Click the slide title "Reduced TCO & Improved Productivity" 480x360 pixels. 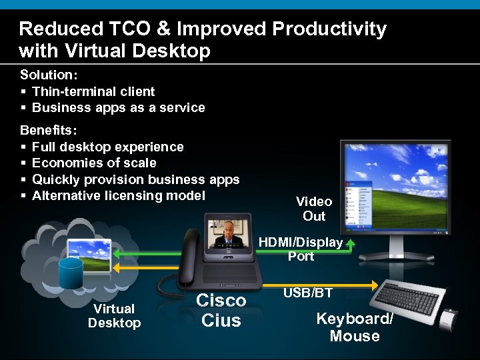tap(203, 29)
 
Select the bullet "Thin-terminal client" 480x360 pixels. tap(93, 91)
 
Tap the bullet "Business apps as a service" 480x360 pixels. tap(119, 107)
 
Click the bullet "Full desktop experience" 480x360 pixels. tap(108, 147)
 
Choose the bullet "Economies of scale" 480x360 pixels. tap(94, 163)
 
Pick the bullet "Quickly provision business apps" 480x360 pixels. tap(136, 179)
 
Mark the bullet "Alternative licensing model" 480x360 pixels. tap(119, 195)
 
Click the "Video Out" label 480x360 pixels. tap(314, 209)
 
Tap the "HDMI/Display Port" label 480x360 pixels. tap(301, 249)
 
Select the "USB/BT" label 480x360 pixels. tap(308, 293)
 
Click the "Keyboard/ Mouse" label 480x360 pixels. tap(355, 327)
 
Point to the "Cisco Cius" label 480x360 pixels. tap(221, 311)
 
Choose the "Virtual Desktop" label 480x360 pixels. tap(115, 316)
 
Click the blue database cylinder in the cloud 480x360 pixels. tap(71, 273)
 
